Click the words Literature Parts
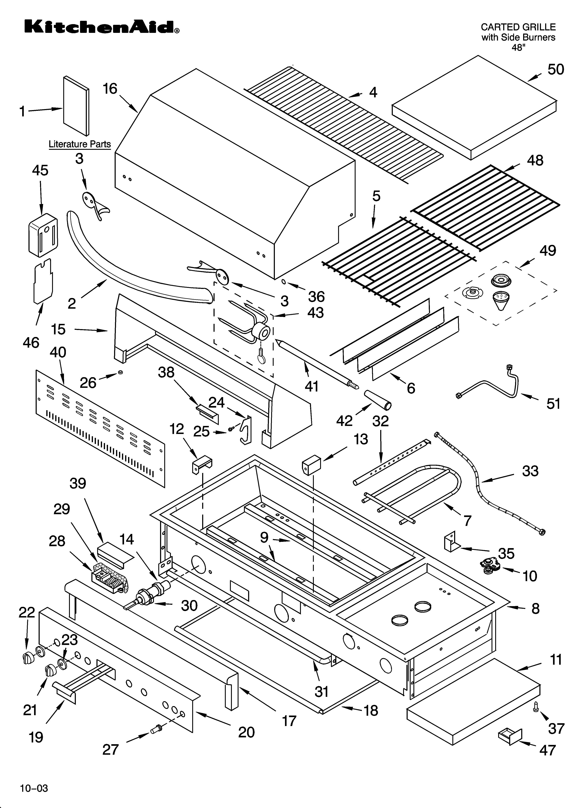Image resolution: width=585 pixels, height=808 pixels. click(x=80, y=144)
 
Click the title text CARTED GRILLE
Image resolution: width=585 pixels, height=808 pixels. click(x=518, y=27)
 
